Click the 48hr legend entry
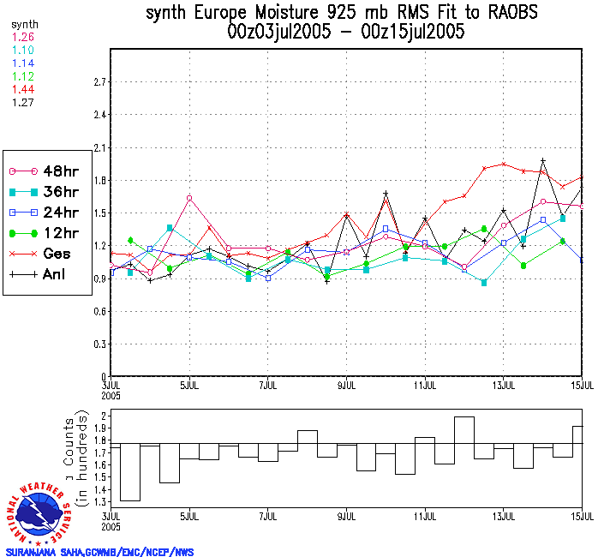pos(48,171)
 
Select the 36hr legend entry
pos(48,191)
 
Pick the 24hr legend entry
pos(48,212)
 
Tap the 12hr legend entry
pos(48,233)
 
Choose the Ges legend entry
pos(48,254)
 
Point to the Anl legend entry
pos(48,274)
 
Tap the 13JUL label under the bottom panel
pos(505,516)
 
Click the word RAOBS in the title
pos(516,13)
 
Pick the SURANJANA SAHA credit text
pos(99,552)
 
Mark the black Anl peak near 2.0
pos(543,160)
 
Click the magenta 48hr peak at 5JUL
pos(189,198)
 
